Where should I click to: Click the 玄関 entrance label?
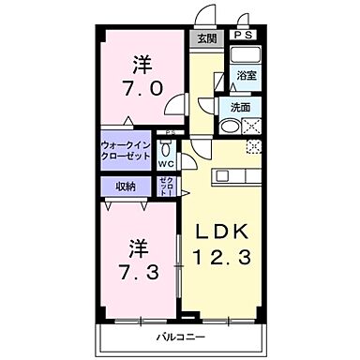[x=206, y=38]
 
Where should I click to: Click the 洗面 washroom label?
[x=240, y=107]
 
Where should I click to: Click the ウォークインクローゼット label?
[x=127, y=152]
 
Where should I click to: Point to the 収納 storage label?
[x=127, y=187]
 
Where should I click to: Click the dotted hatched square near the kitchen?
[x=251, y=147]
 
